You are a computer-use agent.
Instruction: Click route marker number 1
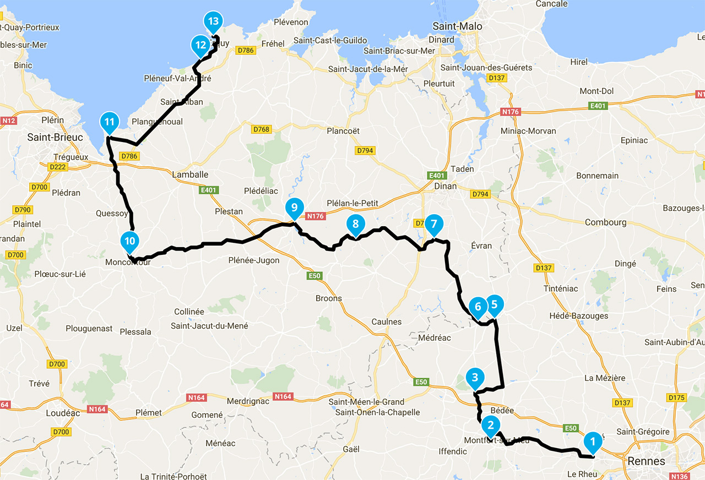(593, 441)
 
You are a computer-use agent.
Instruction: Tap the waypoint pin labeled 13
(213, 22)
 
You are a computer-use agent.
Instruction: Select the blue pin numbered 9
(295, 208)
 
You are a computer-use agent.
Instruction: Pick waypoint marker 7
(433, 224)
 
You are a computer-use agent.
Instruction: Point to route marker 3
(475, 378)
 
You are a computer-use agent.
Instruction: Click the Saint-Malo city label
(457, 26)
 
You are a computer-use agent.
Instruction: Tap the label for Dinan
(445, 186)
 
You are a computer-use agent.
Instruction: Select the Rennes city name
(649, 461)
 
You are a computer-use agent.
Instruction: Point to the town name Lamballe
(190, 174)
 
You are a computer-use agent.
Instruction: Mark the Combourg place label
(605, 222)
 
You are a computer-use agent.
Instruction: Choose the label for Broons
(328, 298)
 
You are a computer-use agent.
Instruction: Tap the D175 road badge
(676, 397)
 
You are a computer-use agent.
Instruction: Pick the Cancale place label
(551, 4)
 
